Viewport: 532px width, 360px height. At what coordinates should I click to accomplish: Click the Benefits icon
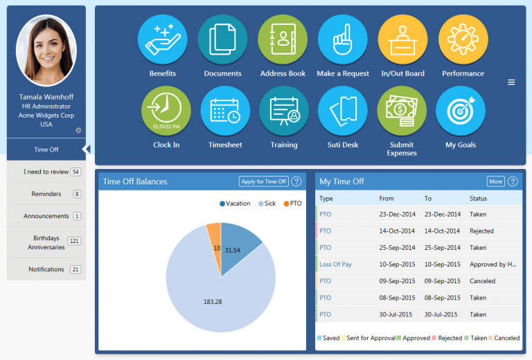tap(163, 39)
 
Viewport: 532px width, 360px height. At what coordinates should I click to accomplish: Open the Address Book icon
tap(283, 39)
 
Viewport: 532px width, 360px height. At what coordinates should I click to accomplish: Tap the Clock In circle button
tap(166, 111)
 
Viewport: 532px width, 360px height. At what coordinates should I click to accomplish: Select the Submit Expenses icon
tap(402, 111)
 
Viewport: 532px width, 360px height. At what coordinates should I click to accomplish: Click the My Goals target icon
tap(461, 111)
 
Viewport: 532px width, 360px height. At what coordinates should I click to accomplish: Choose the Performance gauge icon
tap(463, 39)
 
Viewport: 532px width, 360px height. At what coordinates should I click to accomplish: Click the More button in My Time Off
tap(495, 181)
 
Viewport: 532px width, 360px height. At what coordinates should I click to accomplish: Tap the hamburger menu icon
tap(511, 82)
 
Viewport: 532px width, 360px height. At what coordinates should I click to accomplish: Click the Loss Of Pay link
tap(335, 264)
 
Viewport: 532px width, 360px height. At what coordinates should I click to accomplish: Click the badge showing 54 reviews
tap(76, 172)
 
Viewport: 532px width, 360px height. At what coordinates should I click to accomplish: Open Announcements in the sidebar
tap(46, 216)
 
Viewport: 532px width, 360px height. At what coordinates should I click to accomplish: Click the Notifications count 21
tap(76, 269)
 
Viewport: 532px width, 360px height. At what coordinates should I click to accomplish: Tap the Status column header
tap(478, 199)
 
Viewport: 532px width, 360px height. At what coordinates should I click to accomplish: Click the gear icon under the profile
tap(78, 130)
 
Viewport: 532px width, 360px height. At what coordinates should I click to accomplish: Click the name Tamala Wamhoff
tap(46, 98)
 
